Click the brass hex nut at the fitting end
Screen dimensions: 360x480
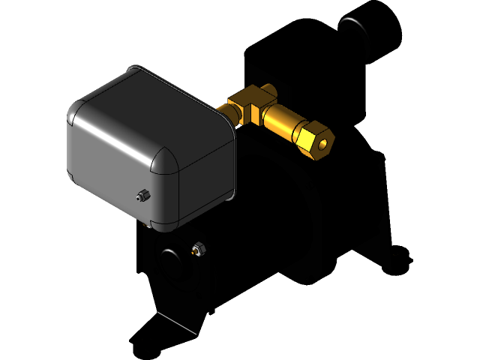(x=315, y=139)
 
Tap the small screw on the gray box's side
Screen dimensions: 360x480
(x=141, y=196)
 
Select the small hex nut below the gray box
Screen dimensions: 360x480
(x=199, y=248)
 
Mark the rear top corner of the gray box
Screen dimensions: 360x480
(x=134, y=69)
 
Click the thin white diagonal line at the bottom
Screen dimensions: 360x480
(x=176, y=321)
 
